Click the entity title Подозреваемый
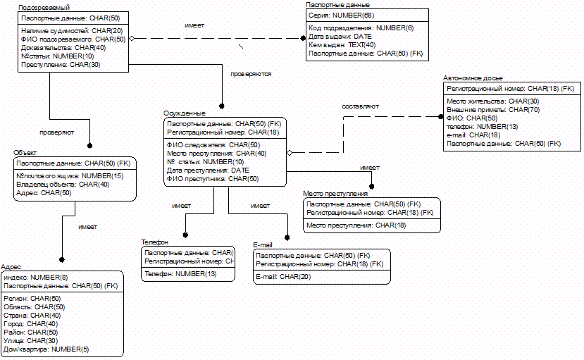[39, 6]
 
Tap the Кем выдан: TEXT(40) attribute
[342, 44]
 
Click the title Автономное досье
[473, 78]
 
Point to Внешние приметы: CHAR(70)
[493, 110]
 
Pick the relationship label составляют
[361, 106]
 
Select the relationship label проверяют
[57, 132]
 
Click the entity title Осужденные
[185, 113]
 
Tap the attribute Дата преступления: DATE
[208, 170]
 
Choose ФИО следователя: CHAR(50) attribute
[213, 145]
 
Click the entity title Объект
[25, 152]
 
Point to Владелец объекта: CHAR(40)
[63, 184]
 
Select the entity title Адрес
[11, 268]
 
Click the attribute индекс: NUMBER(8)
[35, 278]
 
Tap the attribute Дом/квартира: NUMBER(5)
[46, 349]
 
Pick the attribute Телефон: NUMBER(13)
[180, 273]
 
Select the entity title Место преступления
[335, 193]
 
